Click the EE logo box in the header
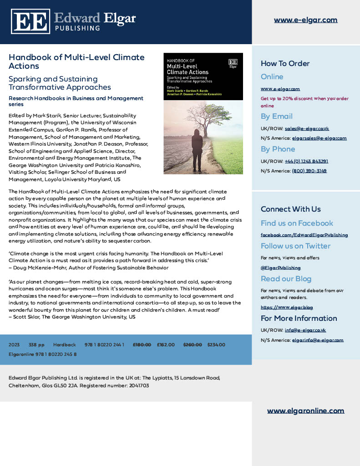[x=30, y=21]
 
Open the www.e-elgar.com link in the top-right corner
[x=305, y=20]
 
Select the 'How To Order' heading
[x=285, y=63]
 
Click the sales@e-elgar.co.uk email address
[x=307, y=128]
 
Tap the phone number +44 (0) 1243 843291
[x=306, y=161]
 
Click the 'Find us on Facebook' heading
[x=297, y=223]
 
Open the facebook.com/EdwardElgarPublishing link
[x=304, y=235]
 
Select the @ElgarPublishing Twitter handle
[x=280, y=268]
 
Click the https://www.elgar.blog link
[x=287, y=307]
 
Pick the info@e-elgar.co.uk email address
[x=305, y=330]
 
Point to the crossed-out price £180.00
[x=142, y=345]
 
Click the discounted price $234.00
[x=216, y=345]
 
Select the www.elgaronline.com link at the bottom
[x=305, y=410]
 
